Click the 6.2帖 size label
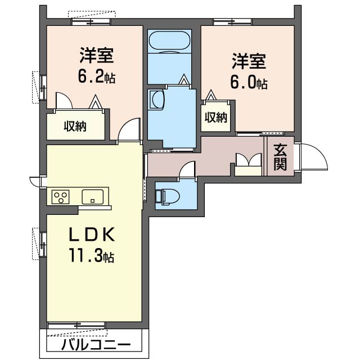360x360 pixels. coord(97,78)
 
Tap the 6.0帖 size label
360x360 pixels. coord(248,82)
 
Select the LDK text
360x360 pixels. coord(93,235)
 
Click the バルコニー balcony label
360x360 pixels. coord(96,344)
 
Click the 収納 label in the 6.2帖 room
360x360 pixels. coord(74,126)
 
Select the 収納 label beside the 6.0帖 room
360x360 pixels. coord(215,118)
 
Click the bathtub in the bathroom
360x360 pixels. coord(169,43)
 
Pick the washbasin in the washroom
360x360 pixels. coord(157,100)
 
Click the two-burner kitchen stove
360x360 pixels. coord(60,197)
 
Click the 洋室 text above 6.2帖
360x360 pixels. coord(97,56)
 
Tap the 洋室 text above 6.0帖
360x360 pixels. coord(248,61)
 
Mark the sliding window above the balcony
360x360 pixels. coord(76,325)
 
